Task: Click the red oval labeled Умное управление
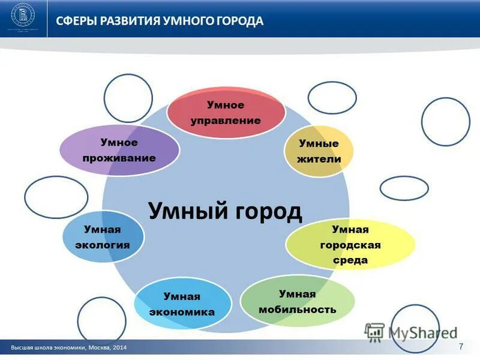pyautogui.click(x=226, y=113)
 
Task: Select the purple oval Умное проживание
pyautogui.click(x=120, y=151)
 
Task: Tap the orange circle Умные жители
pyautogui.click(x=319, y=151)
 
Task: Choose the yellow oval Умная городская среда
pyautogui.click(x=350, y=245)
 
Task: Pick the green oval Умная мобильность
pyautogui.click(x=298, y=302)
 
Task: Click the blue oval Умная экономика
pyautogui.click(x=183, y=305)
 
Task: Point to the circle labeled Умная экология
pyautogui.click(x=103, y=238)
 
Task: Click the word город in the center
pyautogui.click(x=265, y=211)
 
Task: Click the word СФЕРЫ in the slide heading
pyautogui.click(x=76, y=21)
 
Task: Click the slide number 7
pyautogui.click(x=461, y=347)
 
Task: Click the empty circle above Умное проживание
pyautogui.click(x=128, y=98)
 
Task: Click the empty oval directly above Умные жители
pyautogui.click(x=332, y=97)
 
